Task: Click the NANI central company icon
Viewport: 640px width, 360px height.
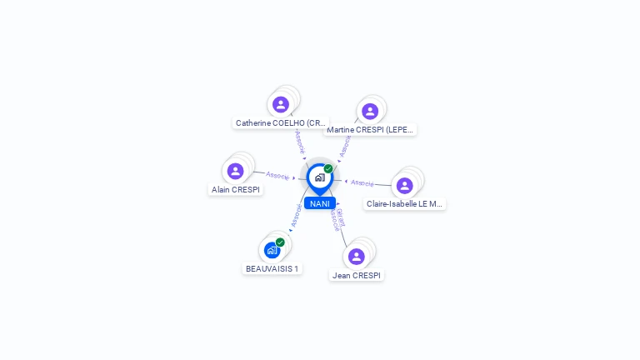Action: (x=319, y=177)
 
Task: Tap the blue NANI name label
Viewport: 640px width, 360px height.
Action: (x=320, y=204)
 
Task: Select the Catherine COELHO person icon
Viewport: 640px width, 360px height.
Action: (x=281, y=104)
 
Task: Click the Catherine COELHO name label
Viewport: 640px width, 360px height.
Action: (x=280, y=123)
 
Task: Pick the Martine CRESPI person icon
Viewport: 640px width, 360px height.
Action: (x=370, y=111)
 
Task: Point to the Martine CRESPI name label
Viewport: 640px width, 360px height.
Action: (x=371, y=130)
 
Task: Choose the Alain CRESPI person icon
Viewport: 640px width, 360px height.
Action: (x=236, y=171)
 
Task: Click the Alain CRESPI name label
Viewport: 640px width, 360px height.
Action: (x=236, y=190)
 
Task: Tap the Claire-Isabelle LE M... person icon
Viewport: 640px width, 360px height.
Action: (x=405, y=185)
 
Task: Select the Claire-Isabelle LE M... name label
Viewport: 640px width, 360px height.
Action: (x=405, y=204)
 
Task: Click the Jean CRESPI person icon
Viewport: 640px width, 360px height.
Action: (x=357, y=257)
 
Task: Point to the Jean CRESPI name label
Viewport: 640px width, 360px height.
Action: (x=357, y=276)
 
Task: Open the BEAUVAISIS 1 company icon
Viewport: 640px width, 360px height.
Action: (x=272, y=250)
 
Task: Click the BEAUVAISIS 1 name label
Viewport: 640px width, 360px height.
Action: (x=272, y=269)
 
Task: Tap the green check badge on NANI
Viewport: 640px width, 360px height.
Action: (x=328, y=169)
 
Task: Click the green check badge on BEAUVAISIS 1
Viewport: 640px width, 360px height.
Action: (x=280, y=242)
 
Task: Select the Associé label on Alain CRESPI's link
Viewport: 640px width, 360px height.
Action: (x=277, y=176)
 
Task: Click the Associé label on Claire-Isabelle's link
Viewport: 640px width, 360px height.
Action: (x=362, y=182)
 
